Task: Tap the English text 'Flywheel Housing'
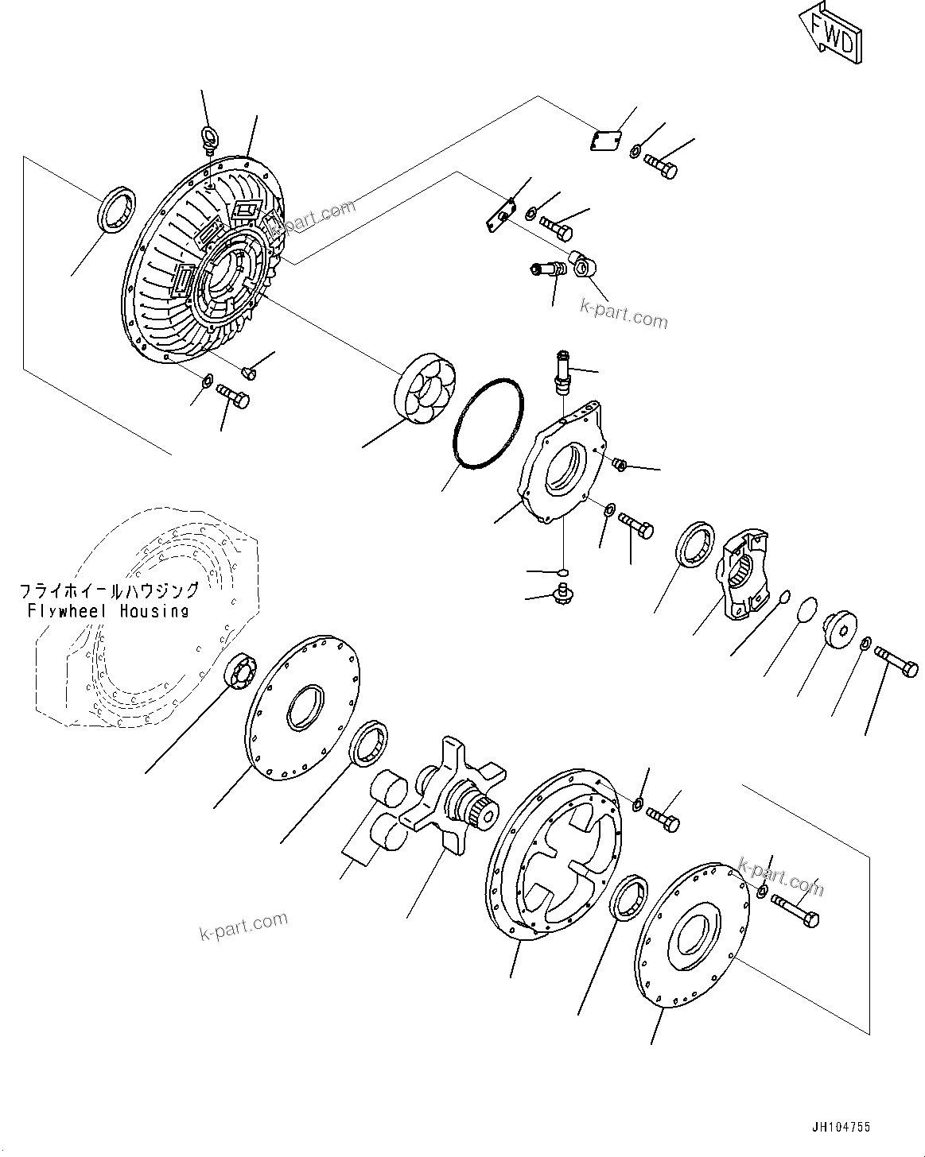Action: click(108, 611)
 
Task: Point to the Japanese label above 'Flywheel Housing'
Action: click(109, 591)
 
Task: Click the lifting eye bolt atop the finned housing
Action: click(209, 137)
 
